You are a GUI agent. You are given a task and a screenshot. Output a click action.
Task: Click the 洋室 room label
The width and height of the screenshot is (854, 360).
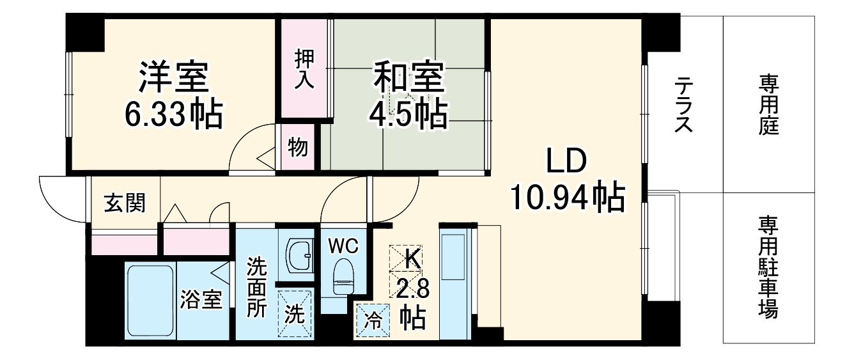coord(173,78)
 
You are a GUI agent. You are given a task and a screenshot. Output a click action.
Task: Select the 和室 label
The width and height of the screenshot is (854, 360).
coord(408,78)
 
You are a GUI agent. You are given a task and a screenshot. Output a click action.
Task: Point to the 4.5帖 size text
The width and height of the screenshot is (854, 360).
coord(408,114)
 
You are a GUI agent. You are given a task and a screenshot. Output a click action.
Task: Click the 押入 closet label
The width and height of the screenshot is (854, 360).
coord(304,68)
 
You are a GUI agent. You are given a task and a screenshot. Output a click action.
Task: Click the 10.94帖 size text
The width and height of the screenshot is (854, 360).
coord(566,198)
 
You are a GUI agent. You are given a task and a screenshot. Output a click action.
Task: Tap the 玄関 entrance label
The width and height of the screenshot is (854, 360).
coord(125,203)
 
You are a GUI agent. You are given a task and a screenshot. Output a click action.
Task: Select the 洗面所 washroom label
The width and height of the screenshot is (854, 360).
coord(258,288)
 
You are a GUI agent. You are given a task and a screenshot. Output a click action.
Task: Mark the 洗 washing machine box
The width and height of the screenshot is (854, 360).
coord(295,313)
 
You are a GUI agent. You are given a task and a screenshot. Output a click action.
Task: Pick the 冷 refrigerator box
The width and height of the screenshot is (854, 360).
coord(372,318)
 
